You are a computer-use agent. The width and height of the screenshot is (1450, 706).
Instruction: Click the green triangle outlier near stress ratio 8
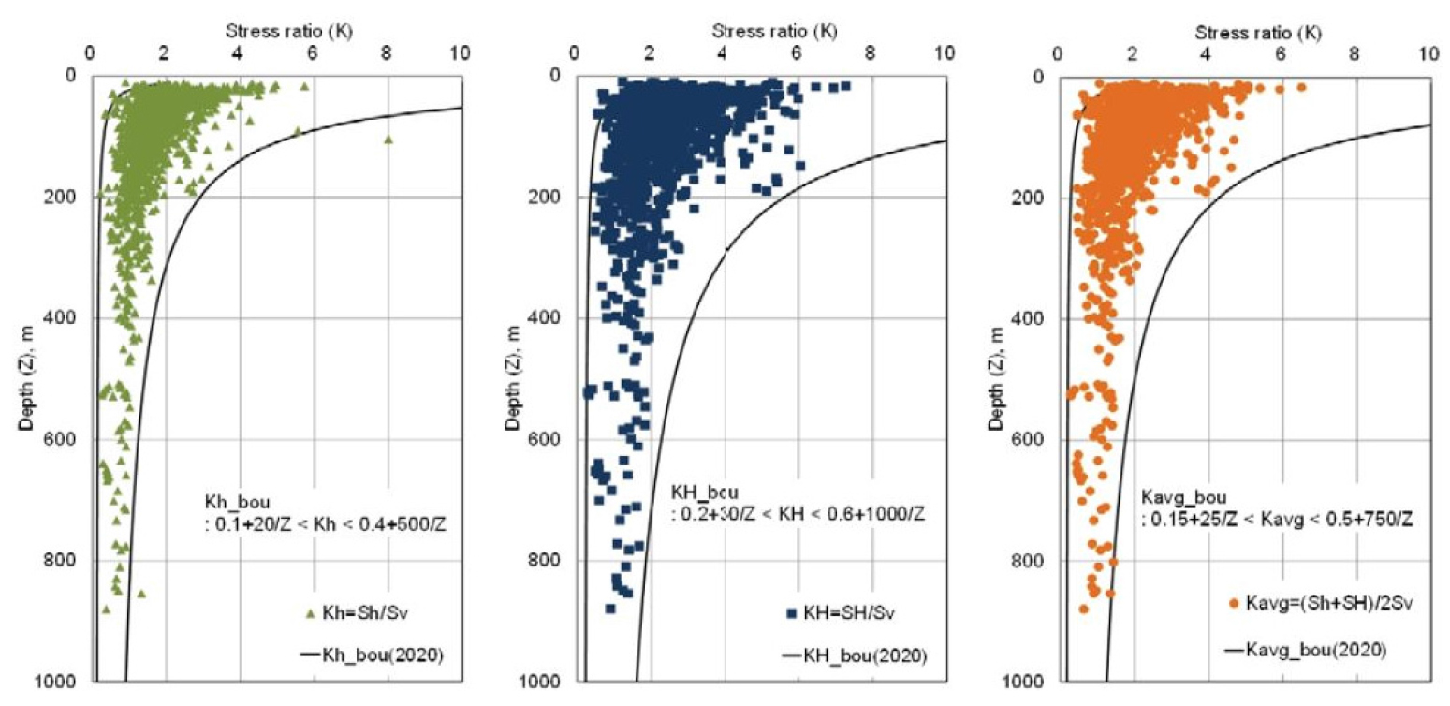pyautogui.click(x=388, y=140)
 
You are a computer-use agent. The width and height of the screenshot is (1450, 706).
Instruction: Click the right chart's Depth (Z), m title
pyautogui.click(x=998, y=380)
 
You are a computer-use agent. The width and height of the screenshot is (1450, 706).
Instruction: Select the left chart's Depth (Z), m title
pyautogui.click(x=30, y=380)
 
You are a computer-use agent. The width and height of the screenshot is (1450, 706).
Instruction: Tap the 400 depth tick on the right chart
pyautogui.click(x=1037, y=318)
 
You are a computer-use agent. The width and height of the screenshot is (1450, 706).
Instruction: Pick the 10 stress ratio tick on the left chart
pyautogui.click(x=459, y=53)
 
